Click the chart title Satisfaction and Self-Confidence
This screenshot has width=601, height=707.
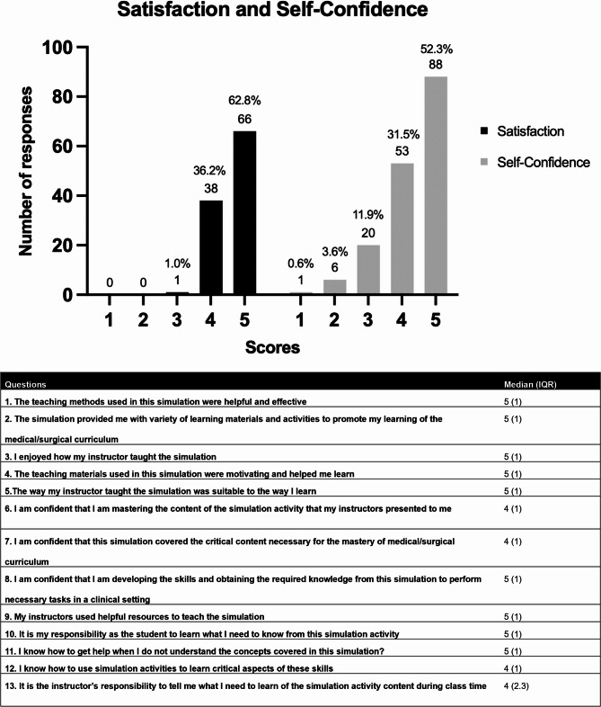tap(299, 13)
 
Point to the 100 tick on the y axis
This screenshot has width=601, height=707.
tap(57, 47)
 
